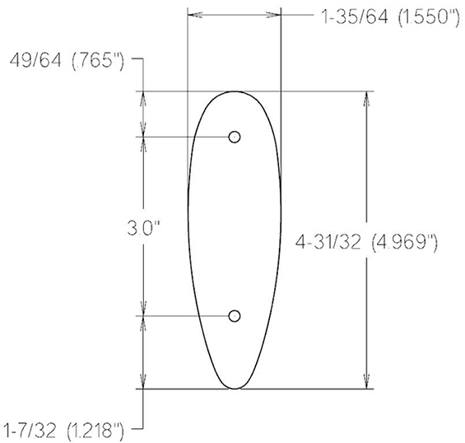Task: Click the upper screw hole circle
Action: [x=235, y=138]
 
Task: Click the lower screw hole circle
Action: [x=235, y=316]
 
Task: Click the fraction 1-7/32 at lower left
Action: [x=30, y=429]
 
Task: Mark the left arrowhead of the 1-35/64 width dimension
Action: [x=194, y=15]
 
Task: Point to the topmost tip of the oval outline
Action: [x=235, y=91]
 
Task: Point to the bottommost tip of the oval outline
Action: [x=235, y=388]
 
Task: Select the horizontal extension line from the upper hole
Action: [x=185, y=138]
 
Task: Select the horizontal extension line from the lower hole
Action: [x=185, y=316]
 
